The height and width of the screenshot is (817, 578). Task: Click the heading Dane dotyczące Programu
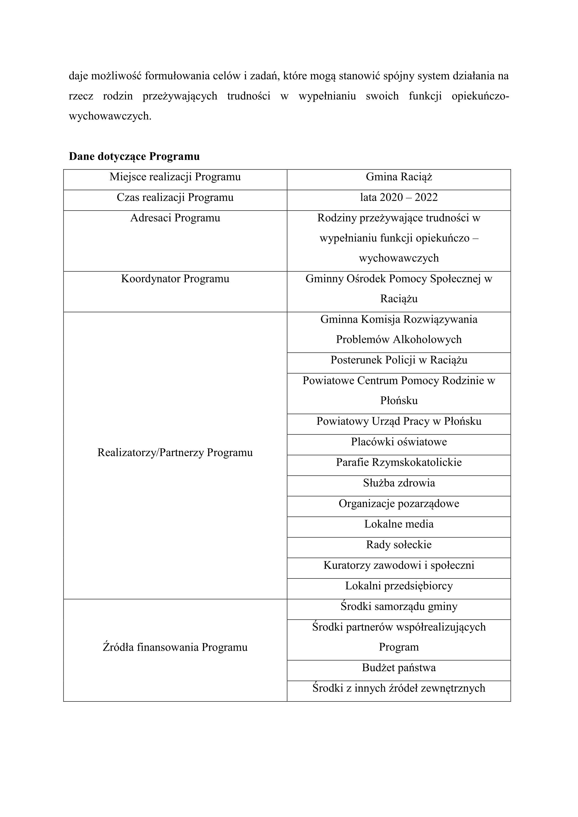[x=134, y=157]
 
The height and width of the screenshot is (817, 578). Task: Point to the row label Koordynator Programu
[x=175, y=279]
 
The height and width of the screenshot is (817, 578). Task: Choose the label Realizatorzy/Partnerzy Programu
[x=175, y=453]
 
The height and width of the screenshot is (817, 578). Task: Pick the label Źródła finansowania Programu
[x=175, y=647]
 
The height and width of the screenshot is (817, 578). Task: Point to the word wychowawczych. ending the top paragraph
[x=110, y=116]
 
